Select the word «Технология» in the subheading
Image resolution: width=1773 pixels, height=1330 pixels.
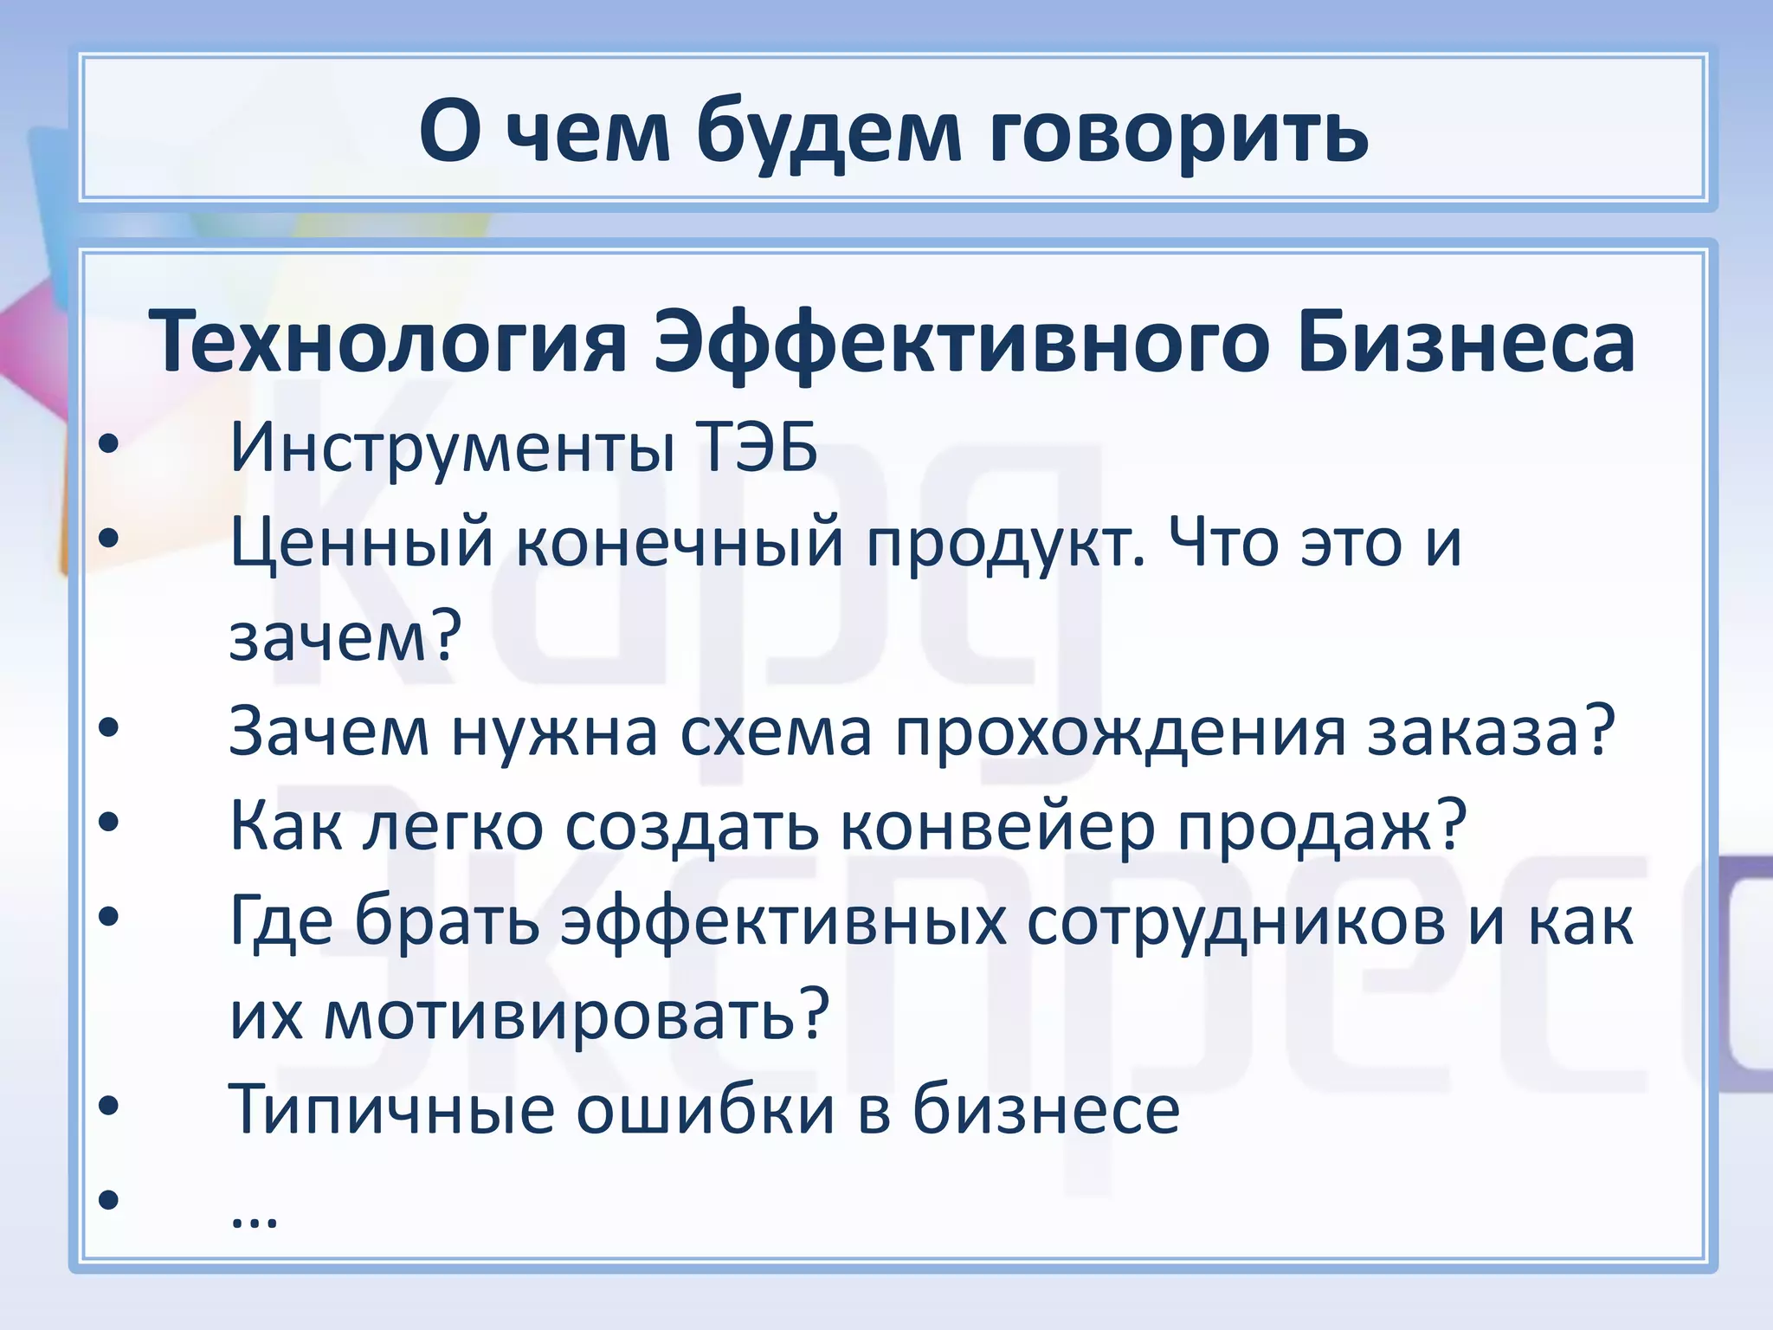point(387,343)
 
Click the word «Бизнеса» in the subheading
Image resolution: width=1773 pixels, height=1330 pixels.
point(1466,343)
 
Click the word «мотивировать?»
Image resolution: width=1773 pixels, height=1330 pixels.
point(577,1015)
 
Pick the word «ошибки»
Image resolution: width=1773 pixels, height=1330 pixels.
point(706,1110)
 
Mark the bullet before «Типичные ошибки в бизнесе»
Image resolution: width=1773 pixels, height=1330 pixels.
point(108,1107)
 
